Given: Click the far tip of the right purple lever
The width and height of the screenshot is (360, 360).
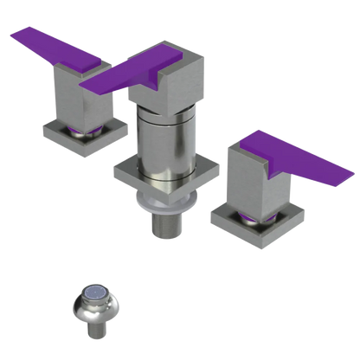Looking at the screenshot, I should pyautogui.click(x=352, y=177).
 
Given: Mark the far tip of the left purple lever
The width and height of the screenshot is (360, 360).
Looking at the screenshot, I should pyautogui.click(x=11, y=35).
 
